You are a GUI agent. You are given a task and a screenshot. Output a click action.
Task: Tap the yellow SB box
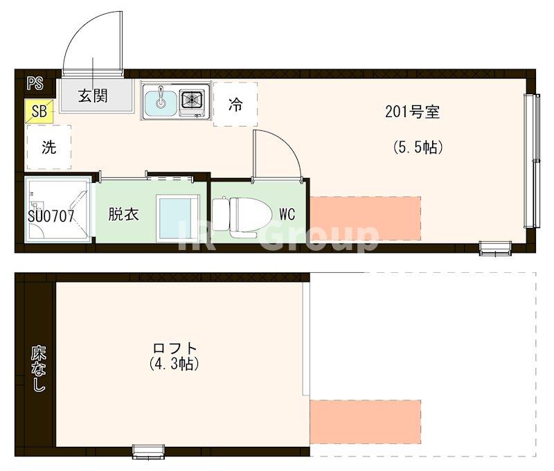click(x=39, y=111)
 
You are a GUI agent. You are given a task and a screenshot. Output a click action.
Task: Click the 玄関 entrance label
click(x=93, y=96)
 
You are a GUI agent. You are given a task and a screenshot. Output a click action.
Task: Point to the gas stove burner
click(x=192, y=101)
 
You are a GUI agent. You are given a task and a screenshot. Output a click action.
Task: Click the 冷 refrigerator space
click(x=235, y=105)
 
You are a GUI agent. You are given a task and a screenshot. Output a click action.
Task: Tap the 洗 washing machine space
click(x=48, y=147)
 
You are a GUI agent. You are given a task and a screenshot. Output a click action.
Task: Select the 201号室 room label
click(x=413, y=112)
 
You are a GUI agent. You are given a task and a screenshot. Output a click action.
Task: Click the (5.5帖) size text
click(x=418, y=147)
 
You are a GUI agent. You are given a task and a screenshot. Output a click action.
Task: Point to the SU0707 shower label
click(x=51, y=215)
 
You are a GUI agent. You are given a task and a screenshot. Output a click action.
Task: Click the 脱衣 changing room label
click(x=123, y=214)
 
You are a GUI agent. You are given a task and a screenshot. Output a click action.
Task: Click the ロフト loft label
click(x=175, y=348)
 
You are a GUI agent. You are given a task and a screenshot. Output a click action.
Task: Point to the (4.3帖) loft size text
click(x=175, y=363)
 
